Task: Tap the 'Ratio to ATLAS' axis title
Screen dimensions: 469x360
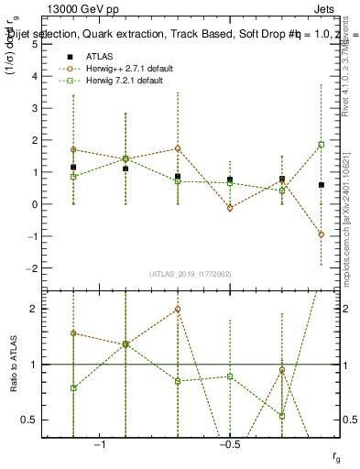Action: (12, 364)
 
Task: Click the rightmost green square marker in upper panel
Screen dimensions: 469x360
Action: (322, 145)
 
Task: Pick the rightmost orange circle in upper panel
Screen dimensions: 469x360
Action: (322, 234)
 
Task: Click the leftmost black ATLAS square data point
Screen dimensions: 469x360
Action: (73, 168)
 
